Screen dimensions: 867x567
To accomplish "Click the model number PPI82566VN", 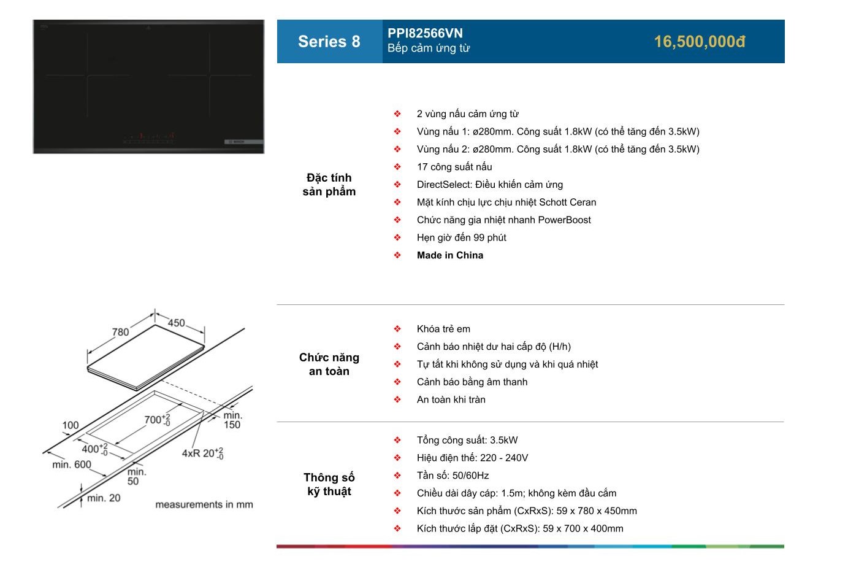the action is click(425, 33).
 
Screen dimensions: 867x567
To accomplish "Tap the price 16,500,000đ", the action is click(700, 42).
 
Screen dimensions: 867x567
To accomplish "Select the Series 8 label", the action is click(329, 42).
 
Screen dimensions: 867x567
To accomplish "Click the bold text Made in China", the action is click(450, 255).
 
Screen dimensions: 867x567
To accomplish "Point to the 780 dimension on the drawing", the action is click(120, 332).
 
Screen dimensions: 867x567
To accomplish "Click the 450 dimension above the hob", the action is click(176, 323).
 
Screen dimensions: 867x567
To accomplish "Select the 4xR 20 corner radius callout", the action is click(202, 453).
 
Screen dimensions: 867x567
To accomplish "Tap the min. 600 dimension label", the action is click(72, 464).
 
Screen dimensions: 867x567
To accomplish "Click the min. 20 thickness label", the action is click(104, 498).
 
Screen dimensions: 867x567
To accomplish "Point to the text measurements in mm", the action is click(204, 504).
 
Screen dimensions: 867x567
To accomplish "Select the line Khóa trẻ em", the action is click(443, 329).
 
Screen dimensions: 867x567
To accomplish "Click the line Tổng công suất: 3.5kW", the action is click(467, 440).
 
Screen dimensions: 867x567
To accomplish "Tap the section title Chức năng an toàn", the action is click(329, 364).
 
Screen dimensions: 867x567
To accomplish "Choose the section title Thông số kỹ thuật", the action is click(329, 484).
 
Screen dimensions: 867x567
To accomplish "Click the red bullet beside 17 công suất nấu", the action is click(397, 167).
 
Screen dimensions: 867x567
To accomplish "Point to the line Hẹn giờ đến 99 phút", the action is click(461, 237).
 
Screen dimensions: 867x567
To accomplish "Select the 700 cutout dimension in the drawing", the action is click(157, 420).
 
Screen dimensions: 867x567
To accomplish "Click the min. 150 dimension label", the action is click(232, 420).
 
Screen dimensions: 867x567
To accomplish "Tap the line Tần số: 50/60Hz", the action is click(453, 475).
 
